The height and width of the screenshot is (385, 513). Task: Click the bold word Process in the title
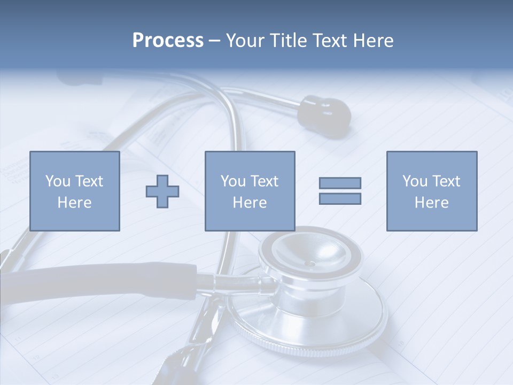168,41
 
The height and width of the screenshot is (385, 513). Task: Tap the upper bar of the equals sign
340,183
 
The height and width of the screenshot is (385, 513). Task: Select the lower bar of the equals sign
340,199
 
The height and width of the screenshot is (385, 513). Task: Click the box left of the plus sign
74,191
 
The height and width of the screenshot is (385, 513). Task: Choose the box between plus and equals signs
250,191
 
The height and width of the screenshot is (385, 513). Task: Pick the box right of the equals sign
431,191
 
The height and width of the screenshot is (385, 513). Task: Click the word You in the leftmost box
58,181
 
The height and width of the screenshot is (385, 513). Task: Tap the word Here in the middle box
250,203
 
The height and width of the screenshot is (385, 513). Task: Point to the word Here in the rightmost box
431,203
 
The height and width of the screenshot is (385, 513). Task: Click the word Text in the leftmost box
88,181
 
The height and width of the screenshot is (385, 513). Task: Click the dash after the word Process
215,41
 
